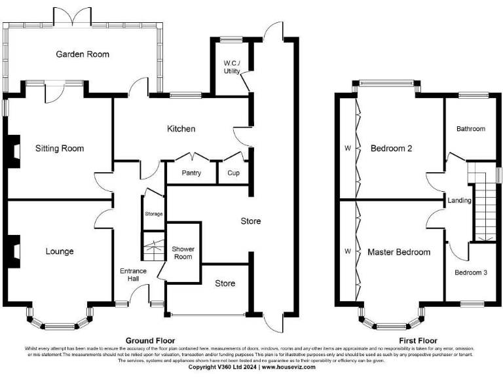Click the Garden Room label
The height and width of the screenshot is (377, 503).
(x=83, y=54)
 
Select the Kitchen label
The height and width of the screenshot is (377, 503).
(x=181, y=128)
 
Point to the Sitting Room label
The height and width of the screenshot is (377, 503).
(x=60, y=149)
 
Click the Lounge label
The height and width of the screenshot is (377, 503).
(x=60, y=251)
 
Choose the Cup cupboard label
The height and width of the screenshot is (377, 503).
(x=233, y=173)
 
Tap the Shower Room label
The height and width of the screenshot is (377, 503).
(x=183, y=253)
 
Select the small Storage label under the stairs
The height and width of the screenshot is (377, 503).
(x=154, y=214)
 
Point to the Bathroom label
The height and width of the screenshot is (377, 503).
(x=471, y=129)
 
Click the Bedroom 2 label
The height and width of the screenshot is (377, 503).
(x=391, y=149)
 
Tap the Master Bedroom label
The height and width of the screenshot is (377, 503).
(x=398, y=252)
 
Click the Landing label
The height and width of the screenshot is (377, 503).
(x=460, y=200)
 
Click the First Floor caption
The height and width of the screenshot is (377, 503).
(x=418, y=341)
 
